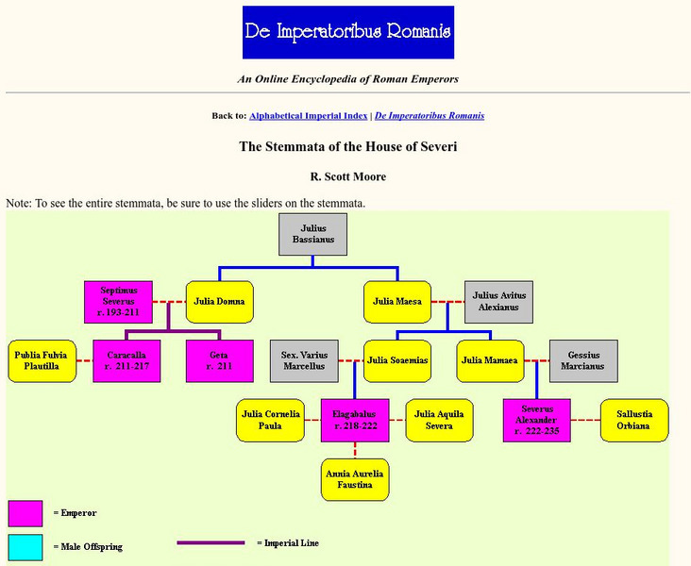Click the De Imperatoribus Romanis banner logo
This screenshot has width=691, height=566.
pos(348,33)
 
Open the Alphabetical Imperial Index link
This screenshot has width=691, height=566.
pos(309,116)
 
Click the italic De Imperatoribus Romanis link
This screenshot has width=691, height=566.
pos(430,116)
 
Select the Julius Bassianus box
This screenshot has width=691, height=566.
pos(312,234)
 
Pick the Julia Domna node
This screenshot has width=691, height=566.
pos(219,302)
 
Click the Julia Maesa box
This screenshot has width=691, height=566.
pos(397,302)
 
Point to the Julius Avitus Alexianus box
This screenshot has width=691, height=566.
pos(498,303)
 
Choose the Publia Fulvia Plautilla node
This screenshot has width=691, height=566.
pos(42,360)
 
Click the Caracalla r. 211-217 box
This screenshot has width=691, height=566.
pos(126,360)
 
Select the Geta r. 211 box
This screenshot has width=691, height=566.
pos(220,360)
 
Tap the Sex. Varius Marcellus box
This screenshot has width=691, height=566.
pos(303,360)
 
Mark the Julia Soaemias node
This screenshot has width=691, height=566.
pos(397,360)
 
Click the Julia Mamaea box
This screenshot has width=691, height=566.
pos(490,360)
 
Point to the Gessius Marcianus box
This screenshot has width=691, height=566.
pos(582,360)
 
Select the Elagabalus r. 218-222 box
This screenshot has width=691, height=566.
pos(355,420)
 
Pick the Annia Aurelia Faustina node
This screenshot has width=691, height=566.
pos(355,478)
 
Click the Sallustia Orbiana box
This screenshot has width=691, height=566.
pos(634,420)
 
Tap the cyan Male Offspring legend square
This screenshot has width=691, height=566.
pos(25,547)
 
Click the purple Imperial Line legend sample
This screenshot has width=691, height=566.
pos(211,543)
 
